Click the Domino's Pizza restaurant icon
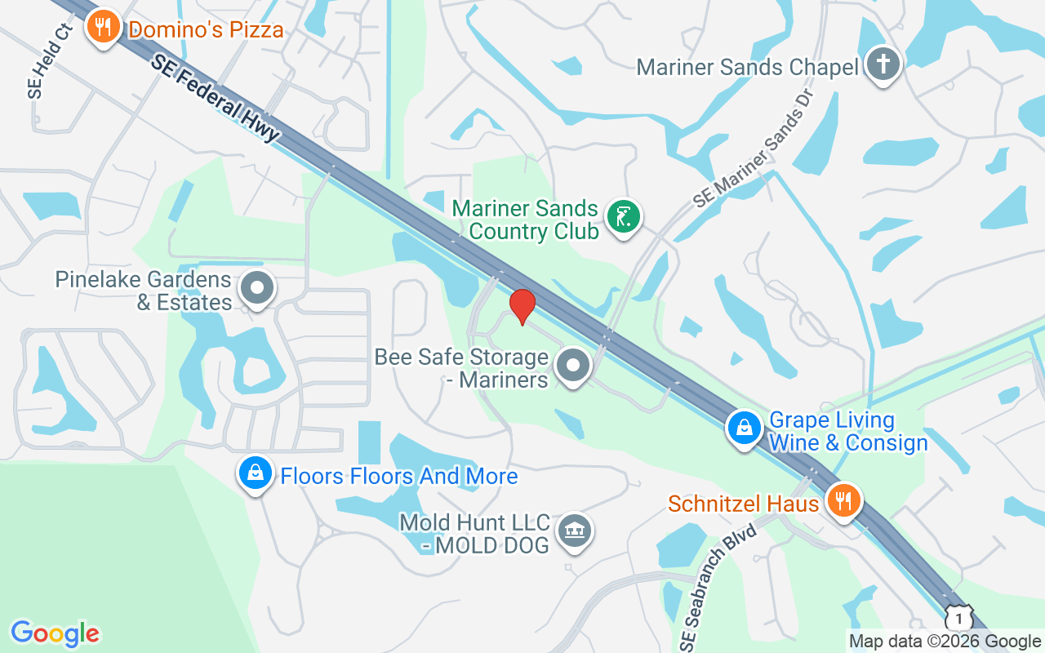pos(103,28)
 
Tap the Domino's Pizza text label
pos(207,31)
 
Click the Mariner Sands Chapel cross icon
pos(882,64)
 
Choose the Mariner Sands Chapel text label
pos(747,67)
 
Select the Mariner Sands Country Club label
pos(526,220)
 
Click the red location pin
pos(522,306)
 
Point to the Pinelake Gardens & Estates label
pos(144,291)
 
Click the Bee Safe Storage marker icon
pos(573,366)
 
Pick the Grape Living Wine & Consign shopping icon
pos(745,427)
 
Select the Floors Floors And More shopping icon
pos(255,473)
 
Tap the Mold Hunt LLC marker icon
pos(575,531)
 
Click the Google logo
pos(55,633)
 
